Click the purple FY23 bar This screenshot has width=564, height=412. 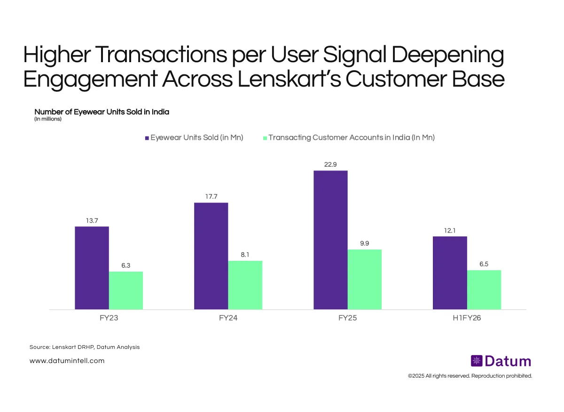coord(92,268)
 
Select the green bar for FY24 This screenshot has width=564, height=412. coord(245,285)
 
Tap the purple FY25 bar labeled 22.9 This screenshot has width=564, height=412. coord(330,240)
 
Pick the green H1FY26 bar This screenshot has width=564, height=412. coord(484,290)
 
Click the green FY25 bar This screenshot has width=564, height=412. coord(365,279)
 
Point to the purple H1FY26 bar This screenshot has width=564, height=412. coord(450,273)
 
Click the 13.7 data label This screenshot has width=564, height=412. coord(92,220)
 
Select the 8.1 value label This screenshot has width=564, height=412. coord(245,255)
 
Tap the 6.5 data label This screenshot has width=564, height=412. coord(484,264)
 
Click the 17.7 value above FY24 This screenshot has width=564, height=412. coord(211,196)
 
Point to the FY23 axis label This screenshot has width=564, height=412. coord(109,318)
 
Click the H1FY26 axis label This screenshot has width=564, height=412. coord(467,318)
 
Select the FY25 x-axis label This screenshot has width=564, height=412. coord(347,318)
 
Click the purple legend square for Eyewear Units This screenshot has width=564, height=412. coord(147,138)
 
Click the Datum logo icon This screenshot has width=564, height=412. coord(477,361)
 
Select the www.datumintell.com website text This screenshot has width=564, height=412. coord(67,361)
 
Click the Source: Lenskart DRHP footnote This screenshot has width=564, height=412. coord(85,347)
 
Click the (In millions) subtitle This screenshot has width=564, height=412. coord(48,119)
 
